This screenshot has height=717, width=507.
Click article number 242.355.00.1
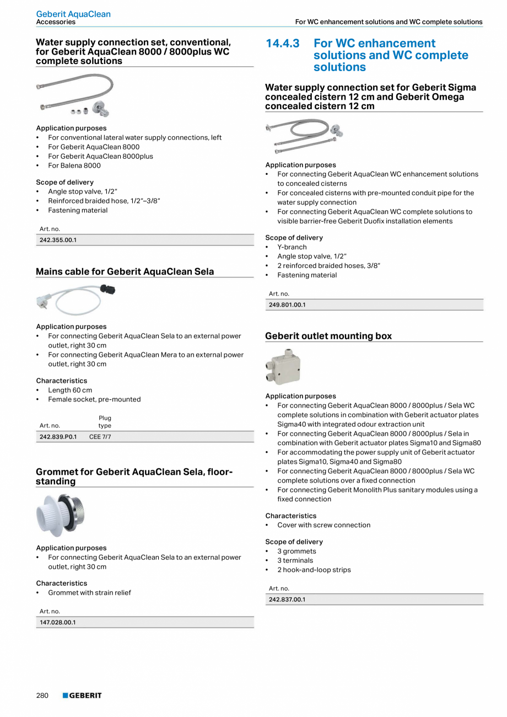[x=58, y=240]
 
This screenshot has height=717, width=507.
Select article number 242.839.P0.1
[x=58, y=437]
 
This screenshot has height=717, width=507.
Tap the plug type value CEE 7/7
[x=100, y=437]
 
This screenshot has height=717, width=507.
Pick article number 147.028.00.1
[x=57, y=622]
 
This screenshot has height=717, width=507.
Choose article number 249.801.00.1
[x=287, y=304]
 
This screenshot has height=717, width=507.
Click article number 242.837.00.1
[x=287, y=599]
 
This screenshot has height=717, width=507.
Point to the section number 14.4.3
[x=282, y=44]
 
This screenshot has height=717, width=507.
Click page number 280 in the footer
[x=42, y=695]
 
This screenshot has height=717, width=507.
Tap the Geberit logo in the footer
[x=82, y=695]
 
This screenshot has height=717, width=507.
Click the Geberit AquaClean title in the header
[x=73, y=14]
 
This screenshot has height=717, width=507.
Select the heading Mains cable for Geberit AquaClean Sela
[x=125, y=271]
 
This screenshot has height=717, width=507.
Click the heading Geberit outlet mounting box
[x=328, y=336]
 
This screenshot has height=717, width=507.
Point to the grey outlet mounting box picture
[x=283, y=367]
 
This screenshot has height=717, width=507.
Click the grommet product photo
[x=61, y=515]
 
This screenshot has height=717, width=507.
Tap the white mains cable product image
[x=75, y=298]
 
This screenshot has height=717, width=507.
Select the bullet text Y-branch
[x=292, y=247]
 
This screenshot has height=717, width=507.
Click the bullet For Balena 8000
[x=74, y=165]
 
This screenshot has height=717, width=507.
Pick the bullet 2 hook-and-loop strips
[x=314, y=570]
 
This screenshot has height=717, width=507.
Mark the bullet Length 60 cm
[x=70, y=390]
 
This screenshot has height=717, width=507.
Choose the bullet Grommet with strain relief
[x=89, y=593]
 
